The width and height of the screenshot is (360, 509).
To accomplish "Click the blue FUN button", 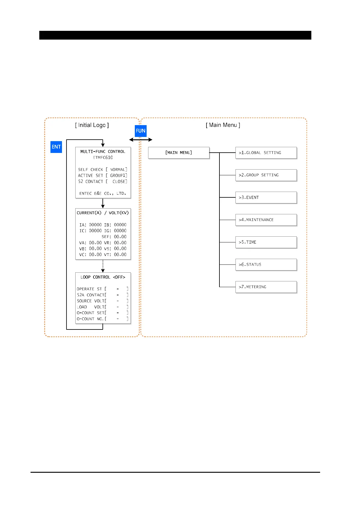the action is (x=141, y=131).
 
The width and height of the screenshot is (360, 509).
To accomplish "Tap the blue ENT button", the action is (x=56, y=147).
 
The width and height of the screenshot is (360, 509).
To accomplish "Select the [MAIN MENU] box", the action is (x=179, y=153).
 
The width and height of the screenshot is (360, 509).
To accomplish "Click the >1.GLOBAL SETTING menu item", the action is (x=266, y=153).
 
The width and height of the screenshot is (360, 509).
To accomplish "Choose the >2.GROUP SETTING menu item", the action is (x=266, y=175).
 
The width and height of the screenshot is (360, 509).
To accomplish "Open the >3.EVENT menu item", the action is (x=266, y=197).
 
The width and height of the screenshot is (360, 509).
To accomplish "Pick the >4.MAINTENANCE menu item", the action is (x=266, y=220).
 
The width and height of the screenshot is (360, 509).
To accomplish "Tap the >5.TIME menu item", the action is (x=266, y=242).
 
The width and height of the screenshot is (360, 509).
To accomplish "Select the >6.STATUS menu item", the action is (x=266, y=264).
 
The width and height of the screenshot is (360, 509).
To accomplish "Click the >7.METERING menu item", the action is (x=266, y=287).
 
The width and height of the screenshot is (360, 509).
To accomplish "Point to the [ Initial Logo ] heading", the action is (x=92, y=125).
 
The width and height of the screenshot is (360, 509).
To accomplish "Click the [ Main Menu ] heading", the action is (x=223, y=125).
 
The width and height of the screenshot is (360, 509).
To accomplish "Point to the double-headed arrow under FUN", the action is (x=141, y=140).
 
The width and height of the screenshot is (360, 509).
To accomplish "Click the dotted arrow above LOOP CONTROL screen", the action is (x=103, y=266).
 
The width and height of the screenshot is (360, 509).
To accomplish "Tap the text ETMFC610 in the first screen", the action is (x=103, y=157).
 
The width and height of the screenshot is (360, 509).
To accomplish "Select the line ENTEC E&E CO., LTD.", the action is (x=103, y=193).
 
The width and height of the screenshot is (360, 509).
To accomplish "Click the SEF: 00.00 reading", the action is (x=114, y=237).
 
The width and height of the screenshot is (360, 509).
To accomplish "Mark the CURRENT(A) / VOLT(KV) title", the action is (x=103, y=213).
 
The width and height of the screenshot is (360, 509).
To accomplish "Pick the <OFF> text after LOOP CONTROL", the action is (x=119, y=277).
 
